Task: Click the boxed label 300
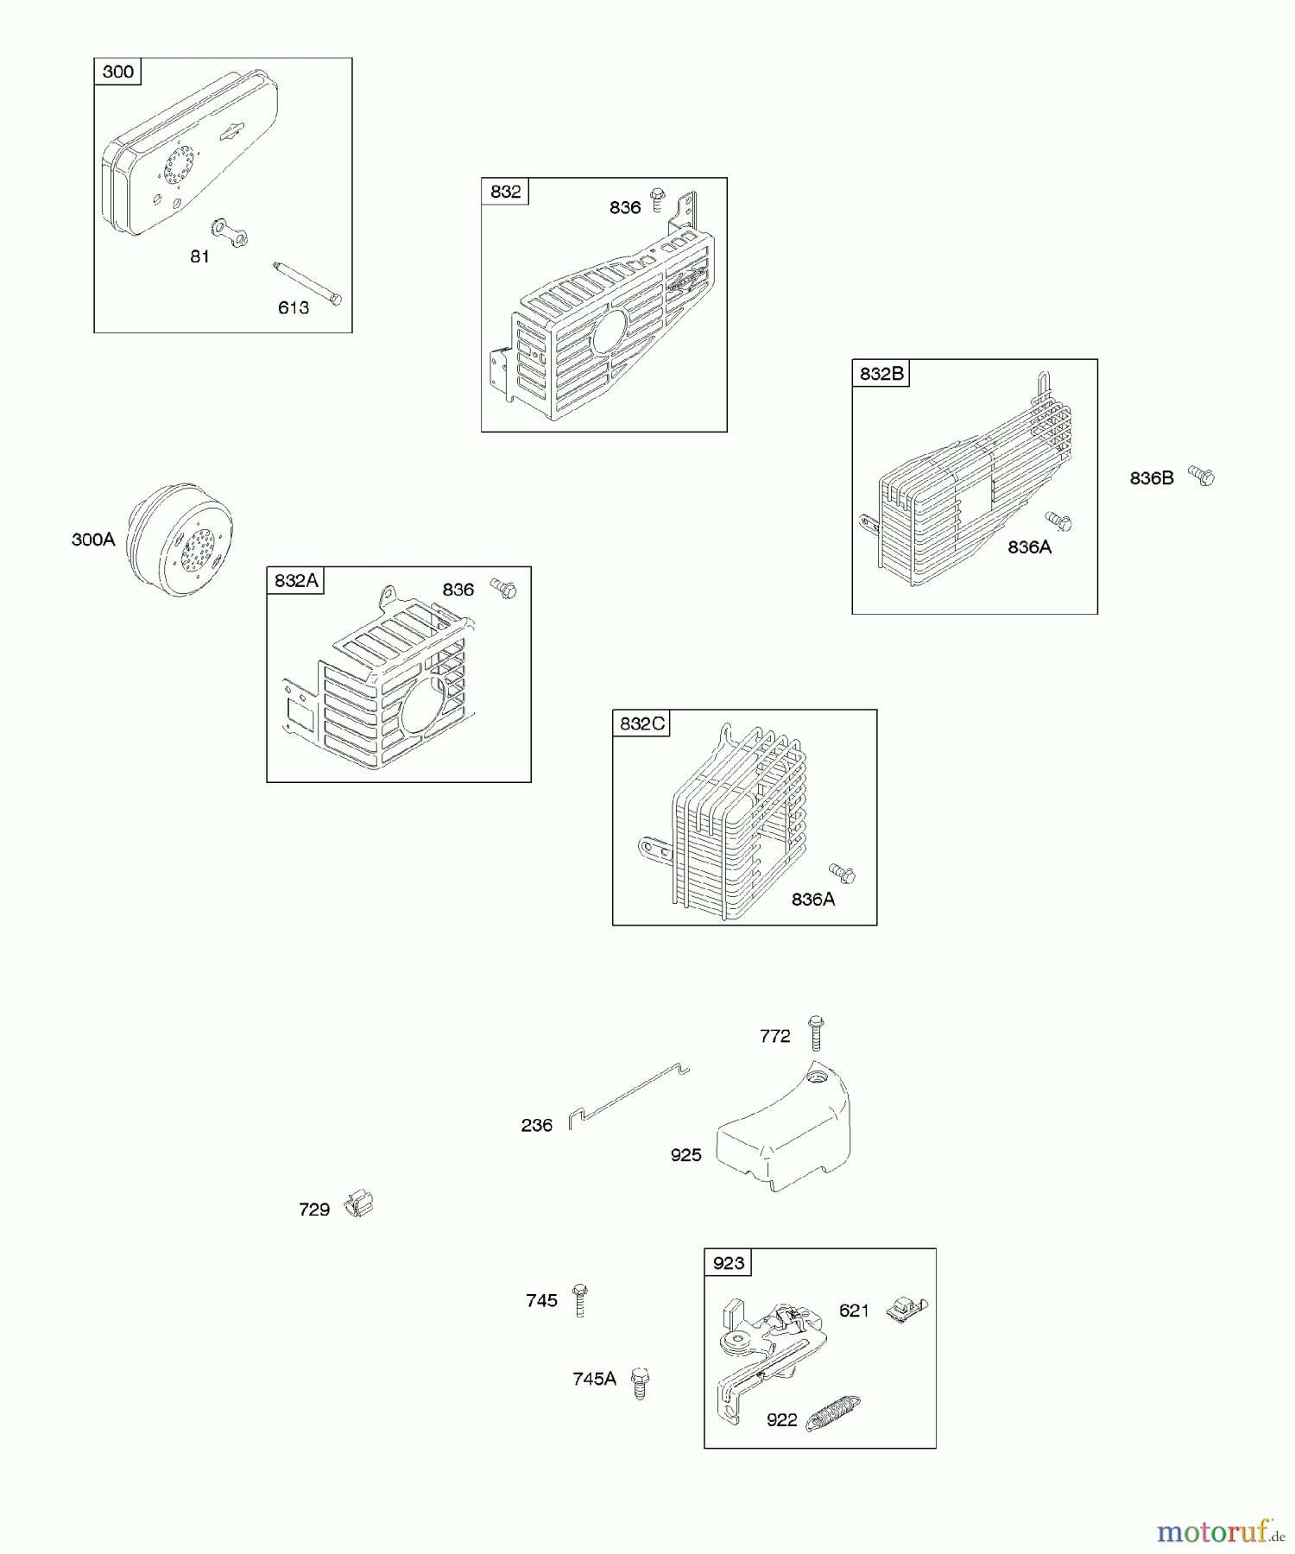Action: coord(117,72)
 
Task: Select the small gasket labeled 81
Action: coord(231,231)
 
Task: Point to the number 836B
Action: coord(1152,478)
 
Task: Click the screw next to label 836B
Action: coord(1201,475)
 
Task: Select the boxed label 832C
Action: coord(642,723)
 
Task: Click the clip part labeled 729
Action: coord(358,1203)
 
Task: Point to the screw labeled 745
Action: coord(580,1300)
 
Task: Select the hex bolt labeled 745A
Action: coord(640,1382)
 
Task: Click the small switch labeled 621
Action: coord(906,1310)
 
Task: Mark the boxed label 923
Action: coord(728,1263)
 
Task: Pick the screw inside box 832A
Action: coord(504,589)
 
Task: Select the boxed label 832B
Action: coord(881,374)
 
